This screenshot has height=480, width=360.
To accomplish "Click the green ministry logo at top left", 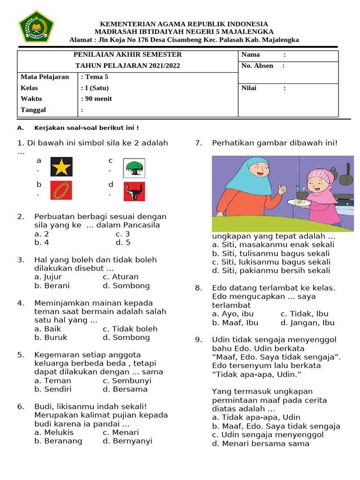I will pyautogui.click(x=36, y=27).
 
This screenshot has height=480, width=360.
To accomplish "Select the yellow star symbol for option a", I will pyautogui.click(x=61, y=166).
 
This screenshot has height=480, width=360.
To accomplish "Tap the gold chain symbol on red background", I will pyautogui.click(x=61, y=191).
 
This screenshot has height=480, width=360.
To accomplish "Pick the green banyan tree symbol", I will pyautogui.click(x=134, y=167).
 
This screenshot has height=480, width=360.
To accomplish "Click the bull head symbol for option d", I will pyautogui.click(x=134, y=191).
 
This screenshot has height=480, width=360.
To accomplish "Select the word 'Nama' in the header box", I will pyautogui.click(x=250, y=55).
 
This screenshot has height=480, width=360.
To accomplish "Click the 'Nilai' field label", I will pyautogui.click(x=248, y=88).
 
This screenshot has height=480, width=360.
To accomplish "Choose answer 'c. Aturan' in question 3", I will pyautogui.click(x=120, y=277).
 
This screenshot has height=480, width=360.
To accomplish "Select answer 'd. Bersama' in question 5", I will pyautogui.click(x=125, y=389).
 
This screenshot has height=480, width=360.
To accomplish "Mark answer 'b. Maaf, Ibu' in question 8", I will pyautogui.click(x=235, y=322).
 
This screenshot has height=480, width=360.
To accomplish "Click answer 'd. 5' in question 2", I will pyautogui.click(x=123, y=242).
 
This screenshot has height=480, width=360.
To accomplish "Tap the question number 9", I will pyautogui.click(x=199, y=340).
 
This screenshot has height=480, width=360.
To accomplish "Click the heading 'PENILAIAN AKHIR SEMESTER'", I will pyautogui.click(x=127, y=55).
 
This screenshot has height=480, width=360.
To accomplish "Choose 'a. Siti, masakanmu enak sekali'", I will pyautogui.click(x=273, y=245).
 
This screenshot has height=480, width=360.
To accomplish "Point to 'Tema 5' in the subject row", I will pyautogui.click(x=96, y=77).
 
